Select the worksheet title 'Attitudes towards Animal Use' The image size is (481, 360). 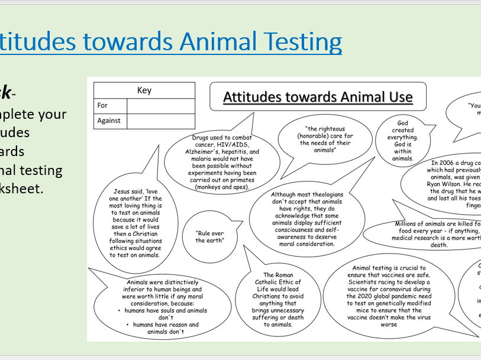click(x=318, y=97)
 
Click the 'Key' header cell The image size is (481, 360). click(x=144, y=90)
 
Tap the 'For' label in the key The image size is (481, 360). click(x=103, y=106)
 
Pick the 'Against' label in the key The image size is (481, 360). click(x=109, y=121)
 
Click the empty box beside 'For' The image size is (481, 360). click(x=160, y=106)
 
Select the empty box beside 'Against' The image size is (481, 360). click(x=160, y=121)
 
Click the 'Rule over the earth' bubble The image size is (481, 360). click(x=209, y=237)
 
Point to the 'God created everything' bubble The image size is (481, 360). click(x=403, y=141)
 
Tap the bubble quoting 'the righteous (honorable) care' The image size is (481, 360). click(x=324, y=140)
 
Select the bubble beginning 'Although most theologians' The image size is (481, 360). click(x=306, y=219)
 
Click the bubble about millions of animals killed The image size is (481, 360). click(x=435, y=234)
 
